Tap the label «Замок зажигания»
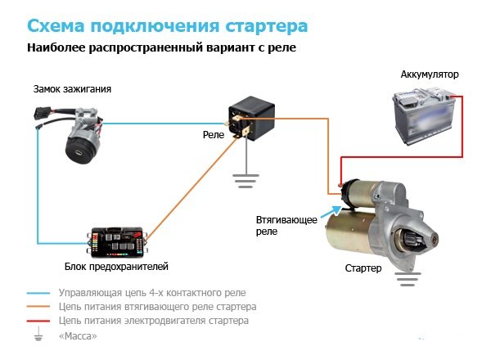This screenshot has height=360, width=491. [72, 88]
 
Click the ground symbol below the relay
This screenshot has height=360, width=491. [242, 178]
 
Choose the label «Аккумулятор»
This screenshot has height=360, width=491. [430, 74]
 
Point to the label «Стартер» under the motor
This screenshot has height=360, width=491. [364, 268]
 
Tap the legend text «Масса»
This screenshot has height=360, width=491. [78, 336]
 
